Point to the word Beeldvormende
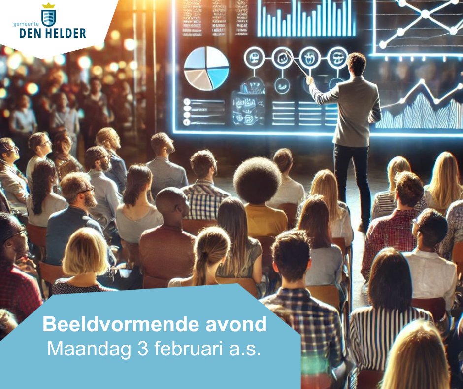98,324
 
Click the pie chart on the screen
206,68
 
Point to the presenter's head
356,64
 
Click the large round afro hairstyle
257,181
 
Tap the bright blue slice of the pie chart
218,77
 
